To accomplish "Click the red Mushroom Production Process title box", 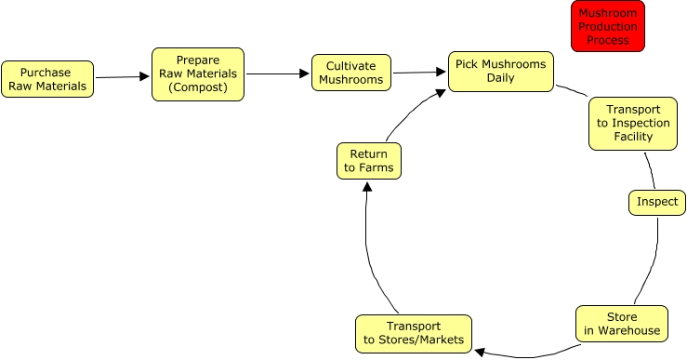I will click(x=608, y=26).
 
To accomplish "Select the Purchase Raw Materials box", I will click(x=46, y=79).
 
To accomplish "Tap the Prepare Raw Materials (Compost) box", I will click(x=197, y=74).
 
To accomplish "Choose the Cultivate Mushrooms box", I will click(x=350, y=73).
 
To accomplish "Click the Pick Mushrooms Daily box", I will click(x=500, y=72).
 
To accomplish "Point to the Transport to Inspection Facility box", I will click(x=632, y=123).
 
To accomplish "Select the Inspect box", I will click(x=657, y=202).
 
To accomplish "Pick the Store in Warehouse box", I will click(x=621, y=323).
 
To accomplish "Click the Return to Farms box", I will click(x=368, y=160).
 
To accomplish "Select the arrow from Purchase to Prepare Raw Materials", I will click(x=123, y=77).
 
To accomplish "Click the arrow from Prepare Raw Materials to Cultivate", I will click(x=277, y=73).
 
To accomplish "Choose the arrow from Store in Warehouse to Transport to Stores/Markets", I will click(x=525, y=354).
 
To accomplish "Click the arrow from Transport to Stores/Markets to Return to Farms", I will click(x=370, y=251).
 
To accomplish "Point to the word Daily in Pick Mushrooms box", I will click(x=501, y=78).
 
